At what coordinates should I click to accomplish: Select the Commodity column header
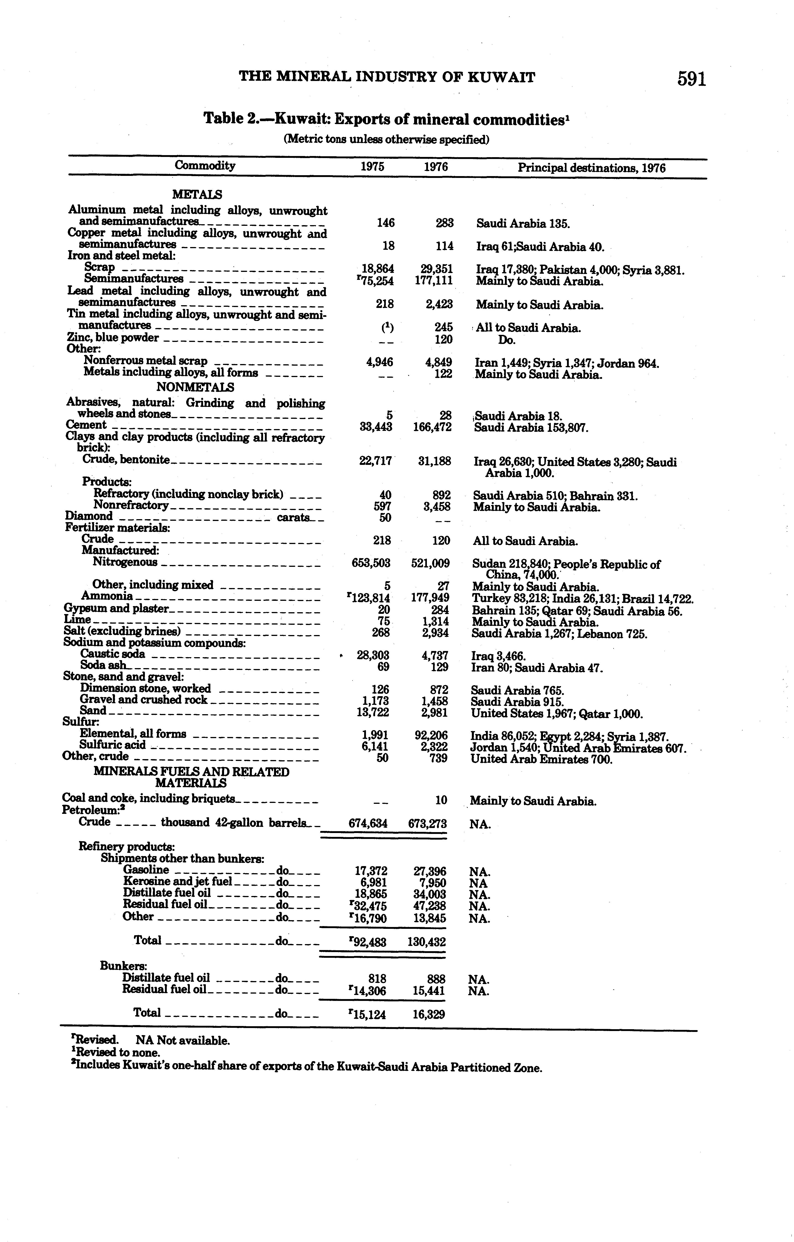pyautogui.click(x=205, y=166)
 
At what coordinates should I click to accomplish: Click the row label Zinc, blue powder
pyautogui.click(x=113, y=338)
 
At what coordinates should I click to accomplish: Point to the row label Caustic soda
pyautogui.click(x=112, y=654)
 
